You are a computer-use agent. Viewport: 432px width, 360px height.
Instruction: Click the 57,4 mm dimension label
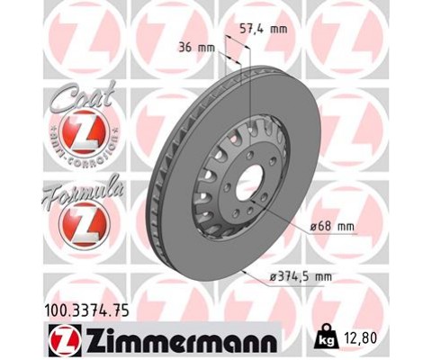click(x=264, y=29)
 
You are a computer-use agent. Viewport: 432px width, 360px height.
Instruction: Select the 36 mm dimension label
click(x=196, y=48)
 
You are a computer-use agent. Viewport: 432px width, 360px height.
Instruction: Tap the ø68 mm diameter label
click(x=332, y=227)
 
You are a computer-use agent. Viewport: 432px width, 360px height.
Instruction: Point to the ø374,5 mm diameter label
click(x=301, y=276)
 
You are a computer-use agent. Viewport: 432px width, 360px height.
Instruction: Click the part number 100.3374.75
click(x=87, y=310)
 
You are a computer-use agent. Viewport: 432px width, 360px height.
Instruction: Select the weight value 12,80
click(x=359, y=338)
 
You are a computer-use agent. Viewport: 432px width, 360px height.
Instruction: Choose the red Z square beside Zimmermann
click(x=65, y=339)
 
